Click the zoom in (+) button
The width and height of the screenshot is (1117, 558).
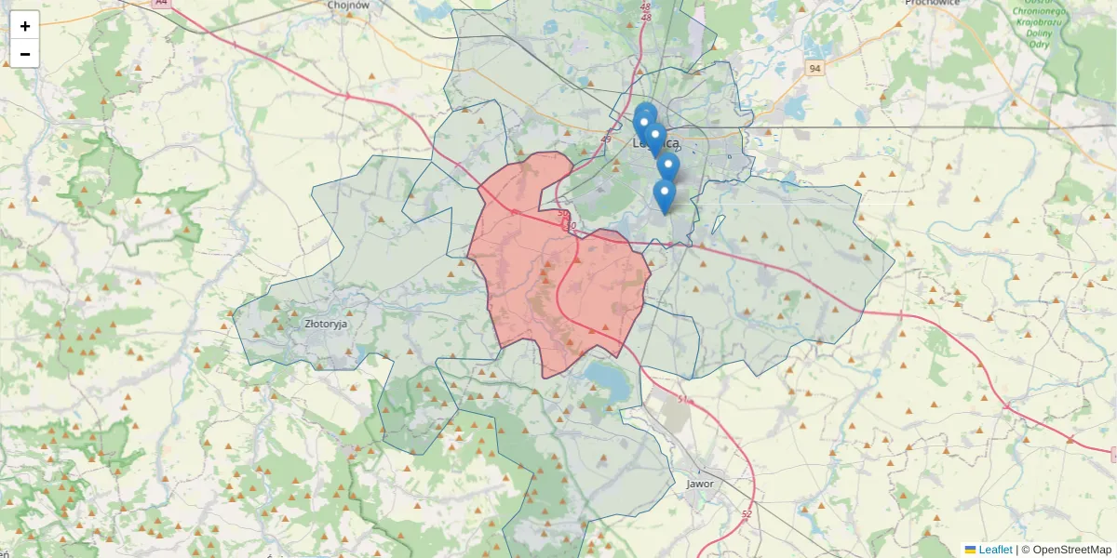pos(25,26)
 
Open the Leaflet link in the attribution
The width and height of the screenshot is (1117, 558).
pos(994,550)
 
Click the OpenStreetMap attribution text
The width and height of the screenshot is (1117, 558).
pos(1071,550)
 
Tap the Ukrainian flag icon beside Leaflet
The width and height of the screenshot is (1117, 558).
pos(970,550)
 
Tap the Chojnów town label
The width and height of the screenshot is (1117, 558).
pos(349,5)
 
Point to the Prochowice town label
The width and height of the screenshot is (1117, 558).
pos(933,3)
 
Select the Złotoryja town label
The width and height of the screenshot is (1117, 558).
pos(326,325)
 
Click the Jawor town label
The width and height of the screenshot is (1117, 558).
pos(699,484)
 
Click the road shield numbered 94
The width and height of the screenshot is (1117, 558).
pos(815,69)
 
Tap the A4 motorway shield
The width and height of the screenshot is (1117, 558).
pos(162,3)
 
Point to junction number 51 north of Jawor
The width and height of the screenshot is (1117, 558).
pos(683,400)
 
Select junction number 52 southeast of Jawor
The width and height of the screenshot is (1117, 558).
pos(747,514)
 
